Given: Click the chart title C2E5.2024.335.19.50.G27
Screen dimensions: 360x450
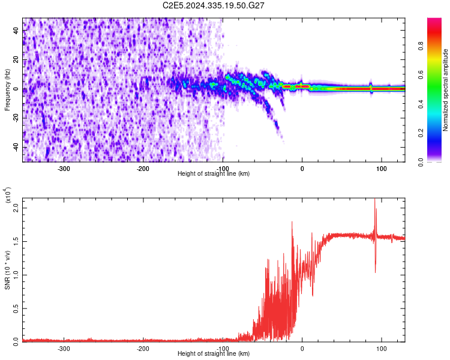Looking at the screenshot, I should tap(214, 5).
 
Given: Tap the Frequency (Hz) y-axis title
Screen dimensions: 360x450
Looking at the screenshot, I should tap(7, 89).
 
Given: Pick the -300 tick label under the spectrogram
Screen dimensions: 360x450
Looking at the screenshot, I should tap(64, 169).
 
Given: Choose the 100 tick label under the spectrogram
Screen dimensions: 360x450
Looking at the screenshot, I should tap(381, 169).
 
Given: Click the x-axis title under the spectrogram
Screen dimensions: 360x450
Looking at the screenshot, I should tap(214, 174).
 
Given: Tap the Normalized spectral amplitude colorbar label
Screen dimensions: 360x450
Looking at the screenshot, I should tap(446, 90).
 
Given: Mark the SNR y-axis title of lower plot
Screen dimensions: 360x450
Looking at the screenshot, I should tap(7, 270).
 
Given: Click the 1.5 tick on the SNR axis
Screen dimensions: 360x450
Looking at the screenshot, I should tap(16, 241).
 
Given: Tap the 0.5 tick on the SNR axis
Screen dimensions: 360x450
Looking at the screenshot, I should tap(16, 308).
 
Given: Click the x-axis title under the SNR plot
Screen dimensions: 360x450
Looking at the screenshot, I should tap(214, 354).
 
